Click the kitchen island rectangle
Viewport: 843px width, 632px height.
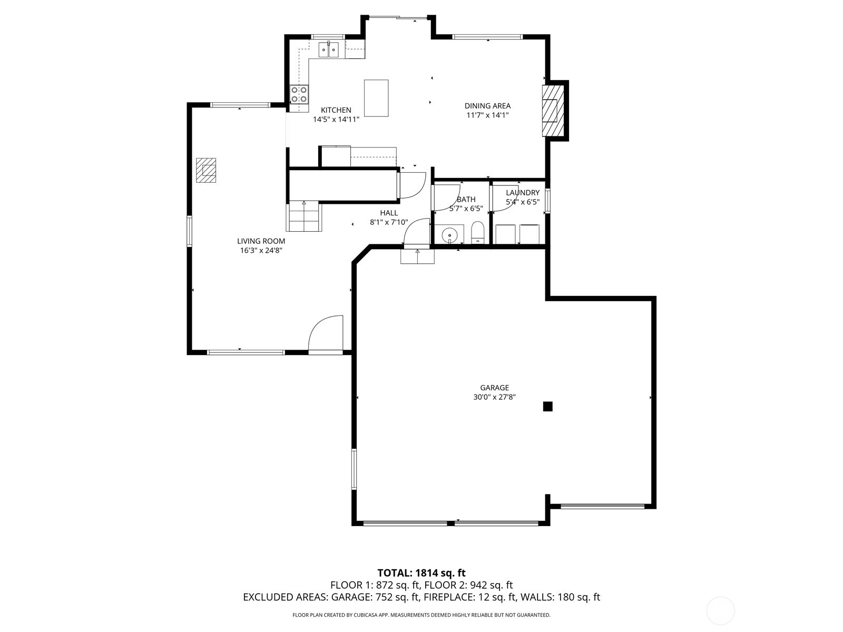pos(376,98)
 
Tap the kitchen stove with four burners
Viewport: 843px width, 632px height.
pos(299,94)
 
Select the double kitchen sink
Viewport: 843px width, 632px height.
pos(328,50)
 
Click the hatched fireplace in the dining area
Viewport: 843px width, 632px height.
pos(553,111)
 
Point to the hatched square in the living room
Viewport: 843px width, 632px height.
pos(206,170)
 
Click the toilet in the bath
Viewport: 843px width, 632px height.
pos(477,233)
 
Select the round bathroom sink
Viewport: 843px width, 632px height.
pos(449,234)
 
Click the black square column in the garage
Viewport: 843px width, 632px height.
pos(547,407)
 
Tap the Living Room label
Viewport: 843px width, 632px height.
pos(261,241)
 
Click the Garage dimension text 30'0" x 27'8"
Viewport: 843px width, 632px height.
pos(494,397)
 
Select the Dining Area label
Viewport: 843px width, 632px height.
pos(487,105)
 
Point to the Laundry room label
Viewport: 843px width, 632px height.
pos(523,193)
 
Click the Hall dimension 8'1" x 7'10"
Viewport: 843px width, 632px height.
pos(389,222)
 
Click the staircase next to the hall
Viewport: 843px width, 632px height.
pos(304,216)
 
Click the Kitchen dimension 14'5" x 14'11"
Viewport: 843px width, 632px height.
pos(336,120)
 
